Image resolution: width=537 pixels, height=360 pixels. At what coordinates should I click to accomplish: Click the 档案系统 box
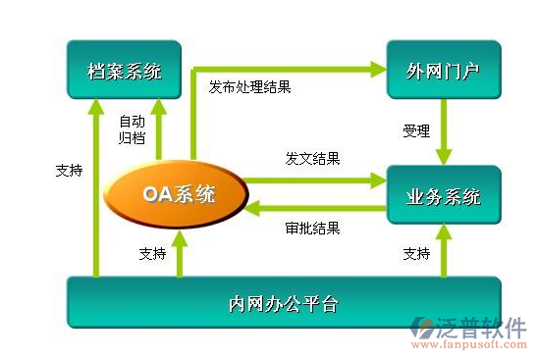pos(124,71)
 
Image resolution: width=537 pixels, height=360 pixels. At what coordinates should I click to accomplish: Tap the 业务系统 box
pos(443,196)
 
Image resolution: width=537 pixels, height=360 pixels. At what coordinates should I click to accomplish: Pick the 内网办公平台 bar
pos(283,303)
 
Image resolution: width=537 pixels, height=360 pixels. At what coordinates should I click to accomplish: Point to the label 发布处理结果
pos(249,87)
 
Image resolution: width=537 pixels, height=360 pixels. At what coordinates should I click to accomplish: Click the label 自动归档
pos(133,129)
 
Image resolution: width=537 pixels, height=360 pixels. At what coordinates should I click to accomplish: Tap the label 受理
pos(416,130)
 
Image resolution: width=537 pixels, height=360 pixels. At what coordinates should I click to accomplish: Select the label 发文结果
pos(312,158)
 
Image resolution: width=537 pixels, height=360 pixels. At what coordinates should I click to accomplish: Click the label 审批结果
pos(312,228)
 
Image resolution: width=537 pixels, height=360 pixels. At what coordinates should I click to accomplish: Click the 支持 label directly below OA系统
pos(153,253)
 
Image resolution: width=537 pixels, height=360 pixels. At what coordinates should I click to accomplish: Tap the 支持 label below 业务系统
pos(416,253)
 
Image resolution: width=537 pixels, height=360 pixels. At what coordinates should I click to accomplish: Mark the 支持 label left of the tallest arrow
pos(70,169)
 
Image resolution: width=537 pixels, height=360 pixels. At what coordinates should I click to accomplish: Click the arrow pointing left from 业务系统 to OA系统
pos(314,207)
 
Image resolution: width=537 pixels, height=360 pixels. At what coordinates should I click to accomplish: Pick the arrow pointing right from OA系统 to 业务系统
pos(314,180)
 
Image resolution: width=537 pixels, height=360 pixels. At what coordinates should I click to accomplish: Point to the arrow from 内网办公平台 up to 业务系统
pos(444,252)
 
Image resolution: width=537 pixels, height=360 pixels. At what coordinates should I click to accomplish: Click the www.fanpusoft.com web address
pos(468,345)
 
